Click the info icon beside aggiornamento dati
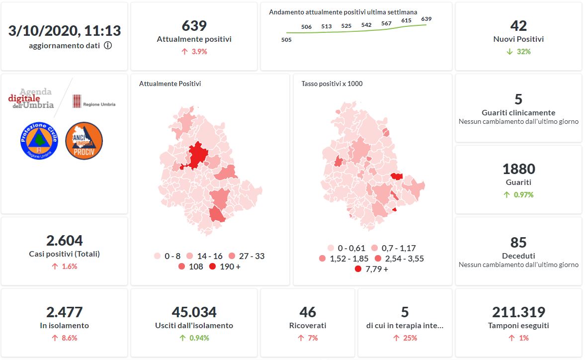(108, 46)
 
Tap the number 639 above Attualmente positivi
(194, 26)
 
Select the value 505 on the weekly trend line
(286, 40)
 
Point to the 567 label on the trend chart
(386, 23)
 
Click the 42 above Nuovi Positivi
(518, 26)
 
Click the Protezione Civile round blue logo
(39, 141)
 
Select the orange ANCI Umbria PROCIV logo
(84, 141)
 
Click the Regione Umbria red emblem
(77, 102)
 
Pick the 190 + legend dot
(213, 267)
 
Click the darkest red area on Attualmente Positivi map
(197, 155)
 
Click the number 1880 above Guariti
(518, 169)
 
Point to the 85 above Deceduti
(518, 242)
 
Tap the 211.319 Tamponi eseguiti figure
(518, 312)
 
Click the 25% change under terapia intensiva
(405, 338)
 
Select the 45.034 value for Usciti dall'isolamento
(194, 312)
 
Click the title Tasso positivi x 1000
(332, 84)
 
